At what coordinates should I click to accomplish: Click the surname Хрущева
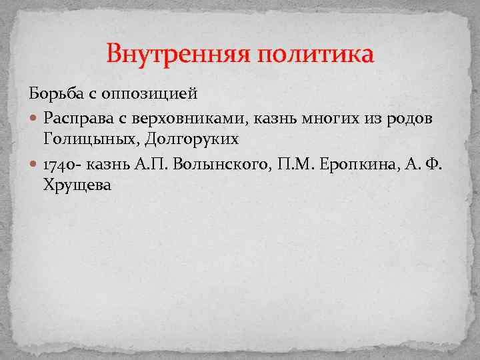(x=77, y=187)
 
